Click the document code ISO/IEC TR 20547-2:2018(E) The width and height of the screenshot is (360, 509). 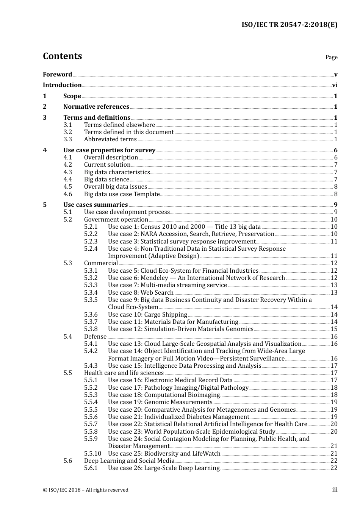pos(289,25)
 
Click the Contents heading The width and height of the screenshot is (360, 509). pos(62,56)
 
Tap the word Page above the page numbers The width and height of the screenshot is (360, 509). pos(331,57)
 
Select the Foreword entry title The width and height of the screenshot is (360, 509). pos(57,74)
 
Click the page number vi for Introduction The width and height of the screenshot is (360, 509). pos(335,85)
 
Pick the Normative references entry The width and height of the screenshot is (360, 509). pos(96,107)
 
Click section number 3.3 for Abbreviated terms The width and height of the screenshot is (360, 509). pos(68,139)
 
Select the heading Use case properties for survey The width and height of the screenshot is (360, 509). pos(109,150)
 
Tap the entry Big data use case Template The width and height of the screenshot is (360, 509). pos(122,194)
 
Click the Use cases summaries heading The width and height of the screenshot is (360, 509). pos(95,205)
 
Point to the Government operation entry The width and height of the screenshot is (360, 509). pos(116,220)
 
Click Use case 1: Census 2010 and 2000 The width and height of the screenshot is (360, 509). pos(184,227)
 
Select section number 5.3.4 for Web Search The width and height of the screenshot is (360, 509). pos(91,293)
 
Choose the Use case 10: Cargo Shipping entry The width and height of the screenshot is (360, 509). pos(147,315)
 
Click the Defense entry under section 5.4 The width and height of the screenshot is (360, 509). pos(95,337)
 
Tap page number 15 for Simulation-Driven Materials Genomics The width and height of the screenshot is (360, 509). pos(334,329)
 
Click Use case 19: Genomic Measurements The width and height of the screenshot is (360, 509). pos(160,402)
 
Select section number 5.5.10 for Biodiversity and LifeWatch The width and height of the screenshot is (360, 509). pos(92,454)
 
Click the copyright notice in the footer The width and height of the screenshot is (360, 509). pos(86,490)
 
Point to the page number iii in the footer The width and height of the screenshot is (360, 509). pos(335,490)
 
